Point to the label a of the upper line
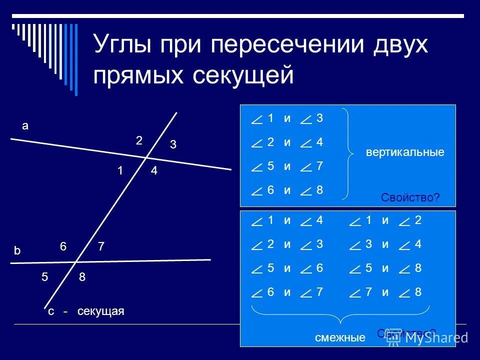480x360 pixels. (x=25, y=126)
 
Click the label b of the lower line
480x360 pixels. (x=17, y=252)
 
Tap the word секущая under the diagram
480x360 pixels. (x=100, y=311)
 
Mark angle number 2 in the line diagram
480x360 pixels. (x=139, y=141)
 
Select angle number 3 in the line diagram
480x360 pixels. (x=172, y=145)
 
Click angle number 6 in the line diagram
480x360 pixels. (x=63, y=246)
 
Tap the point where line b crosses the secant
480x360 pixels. (x=75, y=261)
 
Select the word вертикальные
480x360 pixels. (x=405, y=152)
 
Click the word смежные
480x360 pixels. (x=340, y=338)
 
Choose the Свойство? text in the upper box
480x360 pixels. (x=410, y=198)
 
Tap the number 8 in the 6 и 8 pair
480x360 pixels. (x=319, y=190)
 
